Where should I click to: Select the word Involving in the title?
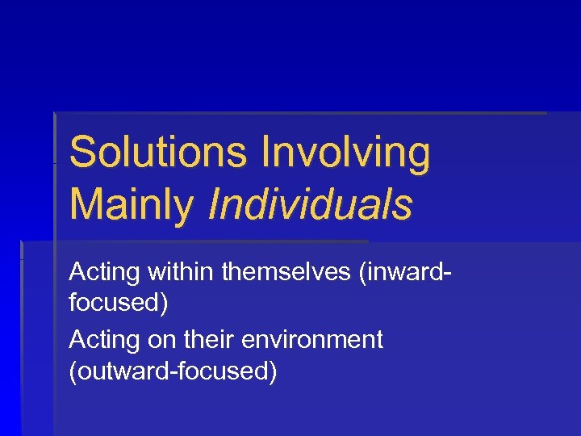[x=346, y=153]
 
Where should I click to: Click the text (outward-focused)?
[x=173, y=373]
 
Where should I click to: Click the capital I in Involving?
[x=267, y=153]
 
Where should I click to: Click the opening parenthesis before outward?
[x=73, y=373]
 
